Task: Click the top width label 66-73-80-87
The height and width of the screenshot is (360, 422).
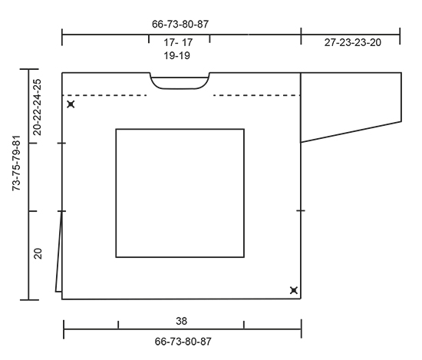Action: coord(180,25)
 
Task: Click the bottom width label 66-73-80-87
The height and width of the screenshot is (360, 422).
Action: coord(183,342)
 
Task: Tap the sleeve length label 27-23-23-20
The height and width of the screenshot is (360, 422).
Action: coord(353,42)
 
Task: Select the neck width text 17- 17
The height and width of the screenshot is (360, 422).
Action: coord(178,42)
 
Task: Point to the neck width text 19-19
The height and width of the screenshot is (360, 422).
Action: coord(176,56)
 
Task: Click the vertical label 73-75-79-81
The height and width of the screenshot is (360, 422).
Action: coord(16,163)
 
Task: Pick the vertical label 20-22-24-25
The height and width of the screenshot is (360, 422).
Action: coord(37,107)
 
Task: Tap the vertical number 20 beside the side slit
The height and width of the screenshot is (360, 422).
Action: coord(38,253)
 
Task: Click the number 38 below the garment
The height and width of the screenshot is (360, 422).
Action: coord(181,321)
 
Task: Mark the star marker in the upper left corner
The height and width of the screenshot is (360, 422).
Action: coord(71,104)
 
